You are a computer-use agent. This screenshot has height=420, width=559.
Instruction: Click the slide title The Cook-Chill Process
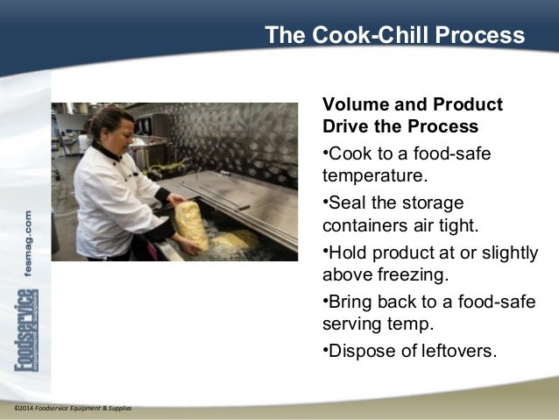394,35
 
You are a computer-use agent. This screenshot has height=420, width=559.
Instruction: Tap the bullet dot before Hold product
326,252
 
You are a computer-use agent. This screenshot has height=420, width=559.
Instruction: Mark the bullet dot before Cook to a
326,153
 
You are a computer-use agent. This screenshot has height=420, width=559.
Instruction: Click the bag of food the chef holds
190,223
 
